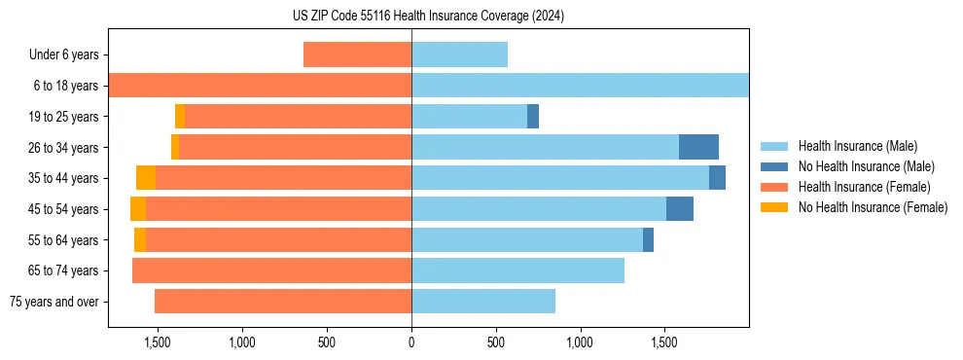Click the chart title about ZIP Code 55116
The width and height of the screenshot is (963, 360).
[428, 17]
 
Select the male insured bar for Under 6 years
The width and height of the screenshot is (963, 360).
[459, 54]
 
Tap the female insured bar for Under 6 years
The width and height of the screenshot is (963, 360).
[357, 54]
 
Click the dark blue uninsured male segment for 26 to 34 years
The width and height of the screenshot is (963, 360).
[698, 147]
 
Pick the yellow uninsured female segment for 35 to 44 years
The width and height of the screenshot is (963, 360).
[146, 178]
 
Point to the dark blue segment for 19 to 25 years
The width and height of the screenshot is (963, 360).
[533, 117]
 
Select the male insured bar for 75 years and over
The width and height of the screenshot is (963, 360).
[483, 302]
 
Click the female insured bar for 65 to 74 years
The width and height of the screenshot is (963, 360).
[271, 270]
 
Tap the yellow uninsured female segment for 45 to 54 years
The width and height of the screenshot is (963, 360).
[138, 209]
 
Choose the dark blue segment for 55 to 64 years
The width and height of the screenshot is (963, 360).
[648, 240]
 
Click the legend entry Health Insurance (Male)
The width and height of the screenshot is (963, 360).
[857, 146]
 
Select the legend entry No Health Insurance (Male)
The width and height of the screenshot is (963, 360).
[866, 166]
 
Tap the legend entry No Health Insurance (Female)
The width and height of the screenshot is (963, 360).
[873, 207]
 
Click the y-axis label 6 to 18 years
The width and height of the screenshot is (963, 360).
[66, 86]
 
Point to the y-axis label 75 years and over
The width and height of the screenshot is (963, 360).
[54, 302]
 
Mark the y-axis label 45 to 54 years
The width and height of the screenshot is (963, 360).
[63, 209]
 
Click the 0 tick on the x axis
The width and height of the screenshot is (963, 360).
[411, 343]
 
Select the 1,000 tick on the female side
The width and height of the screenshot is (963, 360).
[241, 343]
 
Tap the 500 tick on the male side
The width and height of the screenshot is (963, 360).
[496, 343]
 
